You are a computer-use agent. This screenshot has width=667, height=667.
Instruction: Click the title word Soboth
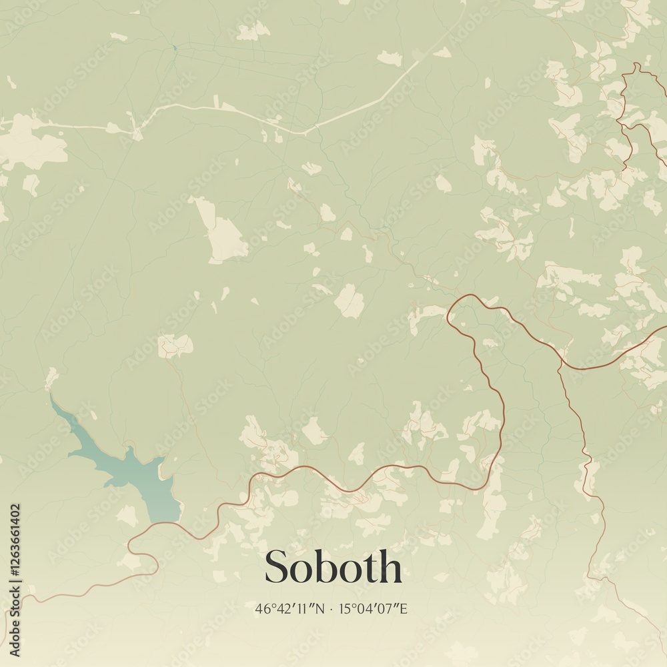point(333,568)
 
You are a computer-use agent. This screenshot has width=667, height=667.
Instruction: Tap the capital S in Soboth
point(276,568)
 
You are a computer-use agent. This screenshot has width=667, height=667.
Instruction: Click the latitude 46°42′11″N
point(289,608)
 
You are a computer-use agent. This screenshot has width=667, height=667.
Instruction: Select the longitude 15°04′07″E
point(373,608)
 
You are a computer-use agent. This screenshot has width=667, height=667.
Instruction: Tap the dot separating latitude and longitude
point(331,609)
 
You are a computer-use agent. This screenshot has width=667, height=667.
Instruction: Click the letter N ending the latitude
point(319,608)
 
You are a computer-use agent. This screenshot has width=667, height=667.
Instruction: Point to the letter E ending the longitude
point(403,608)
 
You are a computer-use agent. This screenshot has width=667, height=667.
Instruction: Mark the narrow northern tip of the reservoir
point(52,398)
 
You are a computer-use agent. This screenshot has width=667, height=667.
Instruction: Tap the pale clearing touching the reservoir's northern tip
point(51,378)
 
